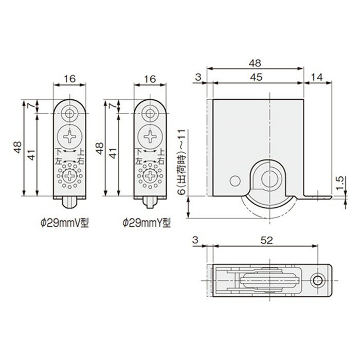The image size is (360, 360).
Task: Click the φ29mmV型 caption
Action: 64,223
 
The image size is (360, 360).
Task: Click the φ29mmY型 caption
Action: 147,223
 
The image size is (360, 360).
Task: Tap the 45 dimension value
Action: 256,77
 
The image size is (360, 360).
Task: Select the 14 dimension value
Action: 317,77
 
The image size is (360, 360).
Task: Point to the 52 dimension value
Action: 267,240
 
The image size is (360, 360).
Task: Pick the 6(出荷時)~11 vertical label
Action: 182,162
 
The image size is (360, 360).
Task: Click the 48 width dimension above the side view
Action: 255,63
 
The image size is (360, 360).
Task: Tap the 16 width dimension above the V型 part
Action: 69,79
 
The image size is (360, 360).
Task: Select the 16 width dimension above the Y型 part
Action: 150,79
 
